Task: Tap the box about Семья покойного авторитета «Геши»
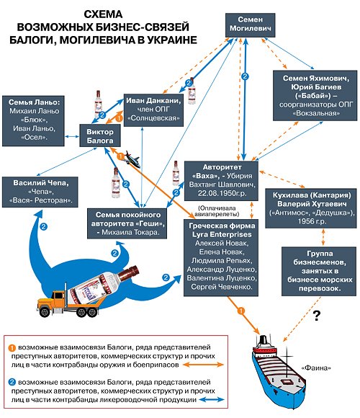[x=131, y=218]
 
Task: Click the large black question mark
[x=315, y=316]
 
